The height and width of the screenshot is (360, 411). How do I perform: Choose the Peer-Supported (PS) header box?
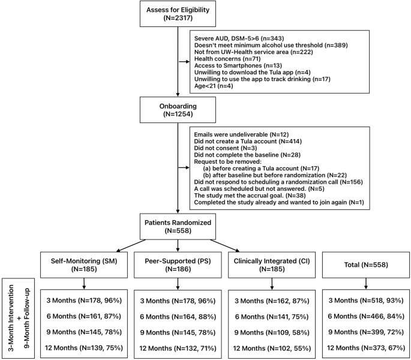point(178,264)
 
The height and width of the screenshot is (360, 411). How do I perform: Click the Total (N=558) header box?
point(364,264)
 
